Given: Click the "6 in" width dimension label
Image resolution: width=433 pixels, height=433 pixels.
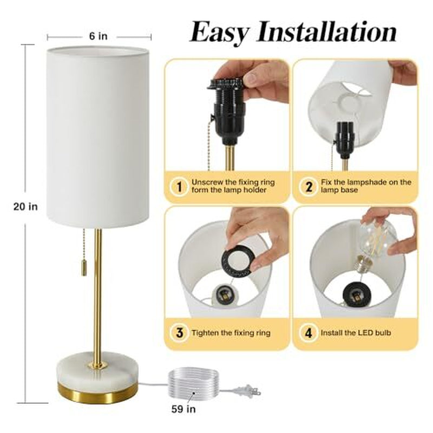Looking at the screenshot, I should [x=99, y=36].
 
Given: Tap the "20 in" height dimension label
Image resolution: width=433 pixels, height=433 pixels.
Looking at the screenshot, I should [x=25, y=206].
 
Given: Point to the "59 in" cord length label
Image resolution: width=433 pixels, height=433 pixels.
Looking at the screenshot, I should [x=183, y=409].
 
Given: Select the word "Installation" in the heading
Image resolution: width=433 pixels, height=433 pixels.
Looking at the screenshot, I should [x=326, y=32].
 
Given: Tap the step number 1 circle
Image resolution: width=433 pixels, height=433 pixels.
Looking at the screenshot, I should [x=179, y=187].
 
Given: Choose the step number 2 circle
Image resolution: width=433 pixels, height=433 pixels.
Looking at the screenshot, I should [x=308, y=187].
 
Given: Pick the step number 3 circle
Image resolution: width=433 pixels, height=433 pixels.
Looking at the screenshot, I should [x=179, y=332].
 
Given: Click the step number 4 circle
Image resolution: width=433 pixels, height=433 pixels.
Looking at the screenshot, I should [x=308, y=332].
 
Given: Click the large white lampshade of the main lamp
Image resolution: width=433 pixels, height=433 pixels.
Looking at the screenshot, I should [x=97, y=135].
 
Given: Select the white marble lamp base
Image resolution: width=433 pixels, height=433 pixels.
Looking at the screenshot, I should [x=98, y=370].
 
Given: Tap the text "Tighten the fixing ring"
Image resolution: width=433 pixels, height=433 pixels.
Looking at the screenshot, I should [x=231, y=333].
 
